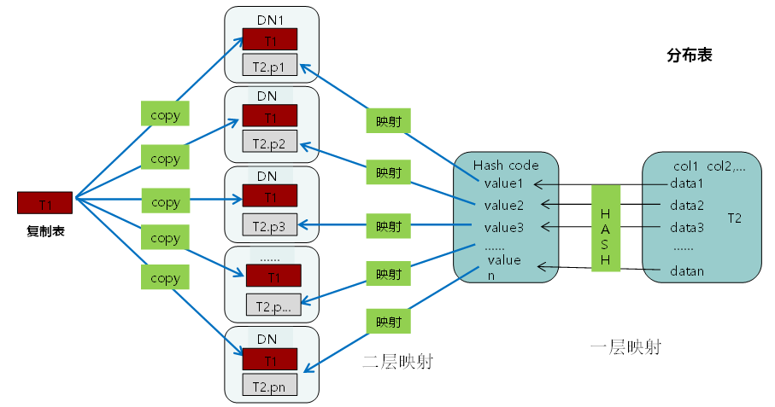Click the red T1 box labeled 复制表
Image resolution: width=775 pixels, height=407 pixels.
(x=44, y=203)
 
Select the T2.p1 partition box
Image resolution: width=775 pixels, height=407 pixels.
(x=270, y=65)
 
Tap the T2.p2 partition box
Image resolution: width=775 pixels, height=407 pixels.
(x=270, y=142)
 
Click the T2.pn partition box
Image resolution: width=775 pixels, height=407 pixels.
(x=270, y=386)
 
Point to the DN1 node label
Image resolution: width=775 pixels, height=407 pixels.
(x=271, y=18)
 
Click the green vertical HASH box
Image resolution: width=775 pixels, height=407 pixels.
(x=605, y=227)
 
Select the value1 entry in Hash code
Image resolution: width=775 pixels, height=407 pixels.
(x=503, y=183)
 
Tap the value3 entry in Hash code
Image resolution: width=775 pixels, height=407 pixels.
(x=503, y=228)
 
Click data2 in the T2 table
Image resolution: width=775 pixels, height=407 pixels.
(x=687, y=206)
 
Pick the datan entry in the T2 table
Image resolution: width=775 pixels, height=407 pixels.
(x=687, y=271)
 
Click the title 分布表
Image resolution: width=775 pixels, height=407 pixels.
(x=689, y=55)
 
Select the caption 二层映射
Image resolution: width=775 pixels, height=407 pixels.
(x=397, y=361)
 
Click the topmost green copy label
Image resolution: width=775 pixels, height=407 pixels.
(x=165, y=114)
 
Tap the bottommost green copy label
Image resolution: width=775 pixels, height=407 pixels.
(x=165, y=278)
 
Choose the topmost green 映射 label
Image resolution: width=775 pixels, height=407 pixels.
(x=389, y=120)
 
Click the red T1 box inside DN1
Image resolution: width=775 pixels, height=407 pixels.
(x=270, y=39)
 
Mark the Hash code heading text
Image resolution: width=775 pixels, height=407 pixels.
(x=507, y=165)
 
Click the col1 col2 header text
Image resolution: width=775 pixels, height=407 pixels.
(x=708, y=166)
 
